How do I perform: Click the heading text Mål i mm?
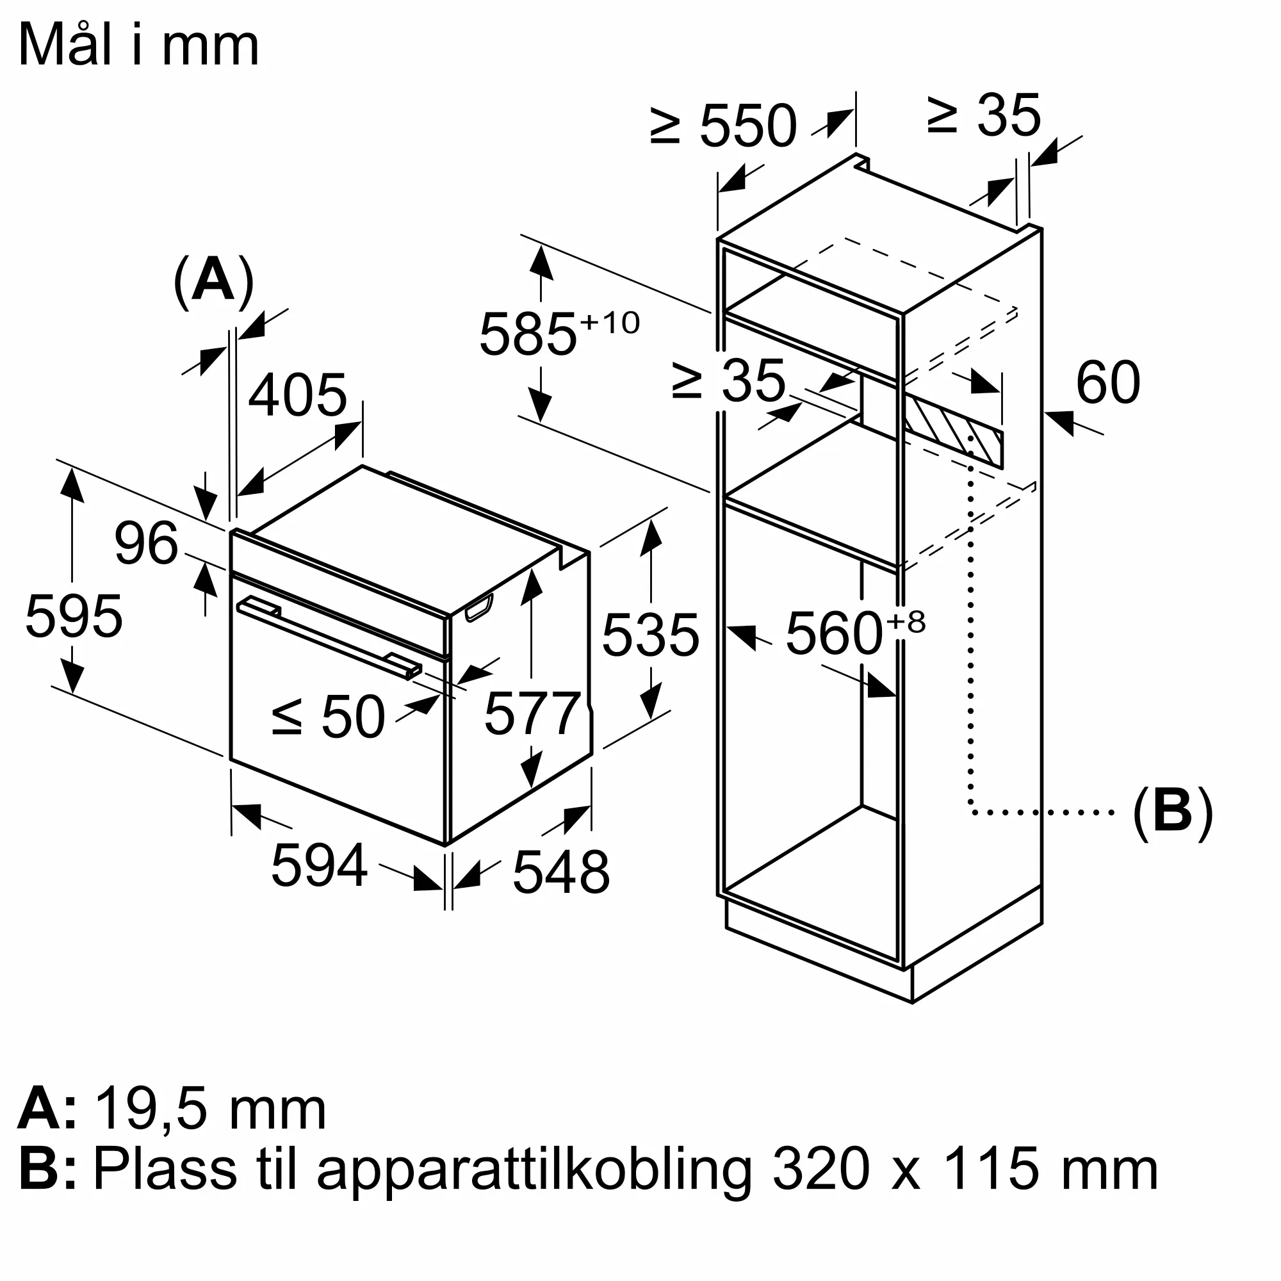point(138,45)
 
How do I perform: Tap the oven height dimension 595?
point(74,617)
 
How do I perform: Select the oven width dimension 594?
point(319,865)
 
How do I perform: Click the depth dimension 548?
point(561,872)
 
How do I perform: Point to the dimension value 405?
point(298,395)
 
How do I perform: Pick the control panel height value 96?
point(146,544)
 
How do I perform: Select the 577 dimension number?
point(532,714)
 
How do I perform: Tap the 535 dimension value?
point(651,635)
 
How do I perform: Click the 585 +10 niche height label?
point(557,334)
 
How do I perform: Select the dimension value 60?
point(1108,382)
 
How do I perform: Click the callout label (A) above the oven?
point(213,281)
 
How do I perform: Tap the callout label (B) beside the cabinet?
point(1172,812)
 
